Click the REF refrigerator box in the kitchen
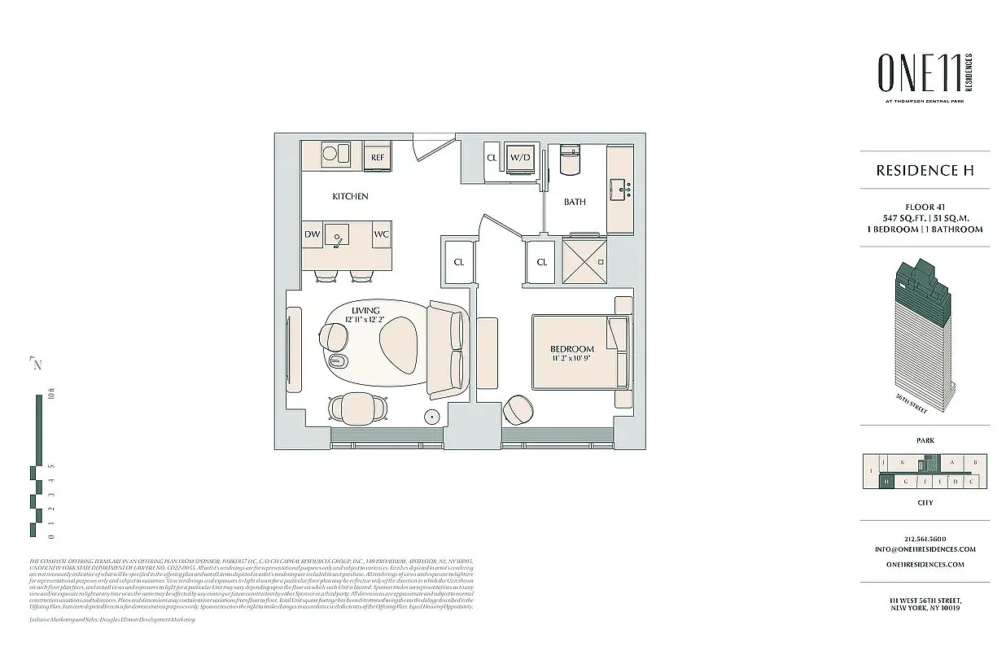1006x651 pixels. (x=377, y=156)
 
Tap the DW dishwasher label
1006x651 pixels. (x=313, y=234)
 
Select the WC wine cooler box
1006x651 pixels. (x=381, y=234)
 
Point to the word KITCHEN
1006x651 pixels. (x=350, y=196)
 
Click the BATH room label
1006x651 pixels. (x=575, y=202)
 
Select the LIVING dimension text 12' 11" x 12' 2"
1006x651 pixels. (x=365, y=320)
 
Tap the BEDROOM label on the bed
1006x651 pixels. (x=571, y=349)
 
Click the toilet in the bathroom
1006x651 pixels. (x=570, y=161)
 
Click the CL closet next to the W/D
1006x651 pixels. (x=492, y=158)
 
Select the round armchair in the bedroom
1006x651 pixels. (x=518, y=409)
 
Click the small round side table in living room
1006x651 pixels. (x=432, y=417)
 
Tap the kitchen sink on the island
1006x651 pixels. (x=337, y=236)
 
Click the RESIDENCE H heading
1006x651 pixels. (x=925, y=170)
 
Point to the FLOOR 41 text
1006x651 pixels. (x=925, y=207)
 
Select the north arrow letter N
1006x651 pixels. (x=36, y=364)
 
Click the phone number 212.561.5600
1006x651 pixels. (x=925, y=539)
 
